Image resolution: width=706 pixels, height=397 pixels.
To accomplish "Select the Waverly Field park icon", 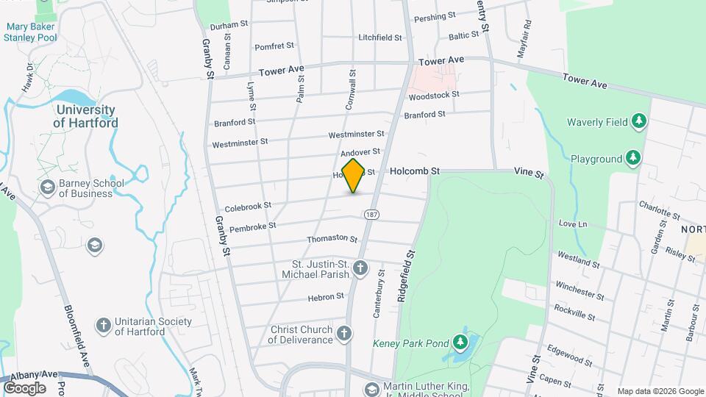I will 639,121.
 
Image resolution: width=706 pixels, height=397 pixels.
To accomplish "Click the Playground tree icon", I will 632,158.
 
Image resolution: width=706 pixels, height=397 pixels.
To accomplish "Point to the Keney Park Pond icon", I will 460,342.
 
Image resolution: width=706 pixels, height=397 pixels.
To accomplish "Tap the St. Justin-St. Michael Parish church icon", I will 360,268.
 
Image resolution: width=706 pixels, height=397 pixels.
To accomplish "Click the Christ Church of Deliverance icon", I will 343,335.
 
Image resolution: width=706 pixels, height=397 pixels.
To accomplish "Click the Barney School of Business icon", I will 48,188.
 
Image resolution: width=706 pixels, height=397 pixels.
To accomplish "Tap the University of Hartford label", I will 85,116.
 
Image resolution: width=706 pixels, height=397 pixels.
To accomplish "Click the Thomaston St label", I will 332,239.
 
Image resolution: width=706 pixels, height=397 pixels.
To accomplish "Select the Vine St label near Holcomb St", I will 529,174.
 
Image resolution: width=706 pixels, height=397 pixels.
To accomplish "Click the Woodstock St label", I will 434,96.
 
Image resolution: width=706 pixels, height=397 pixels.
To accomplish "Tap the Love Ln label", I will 573,223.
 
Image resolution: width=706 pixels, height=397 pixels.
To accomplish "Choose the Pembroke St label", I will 252,227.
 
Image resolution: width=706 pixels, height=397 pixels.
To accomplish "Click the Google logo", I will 24,387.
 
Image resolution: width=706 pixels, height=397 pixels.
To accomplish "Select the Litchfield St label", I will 379,37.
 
